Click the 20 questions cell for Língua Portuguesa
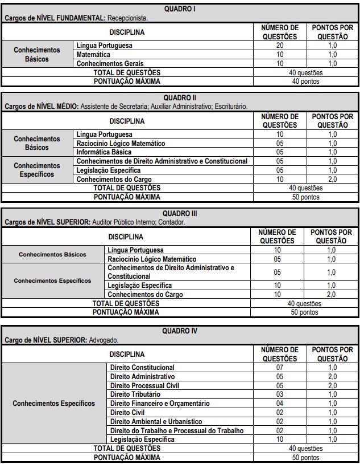click(279, 45)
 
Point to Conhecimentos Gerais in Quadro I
click(110, 63)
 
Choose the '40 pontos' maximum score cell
click(305, 82)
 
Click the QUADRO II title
click(180, 97)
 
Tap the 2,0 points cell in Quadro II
click(332, 179)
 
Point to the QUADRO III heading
click(180, 213)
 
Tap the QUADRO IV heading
click(180, 331)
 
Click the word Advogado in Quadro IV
click(104, 340)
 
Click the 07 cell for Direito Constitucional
click(280, 368)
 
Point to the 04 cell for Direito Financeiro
click(280, 404)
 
